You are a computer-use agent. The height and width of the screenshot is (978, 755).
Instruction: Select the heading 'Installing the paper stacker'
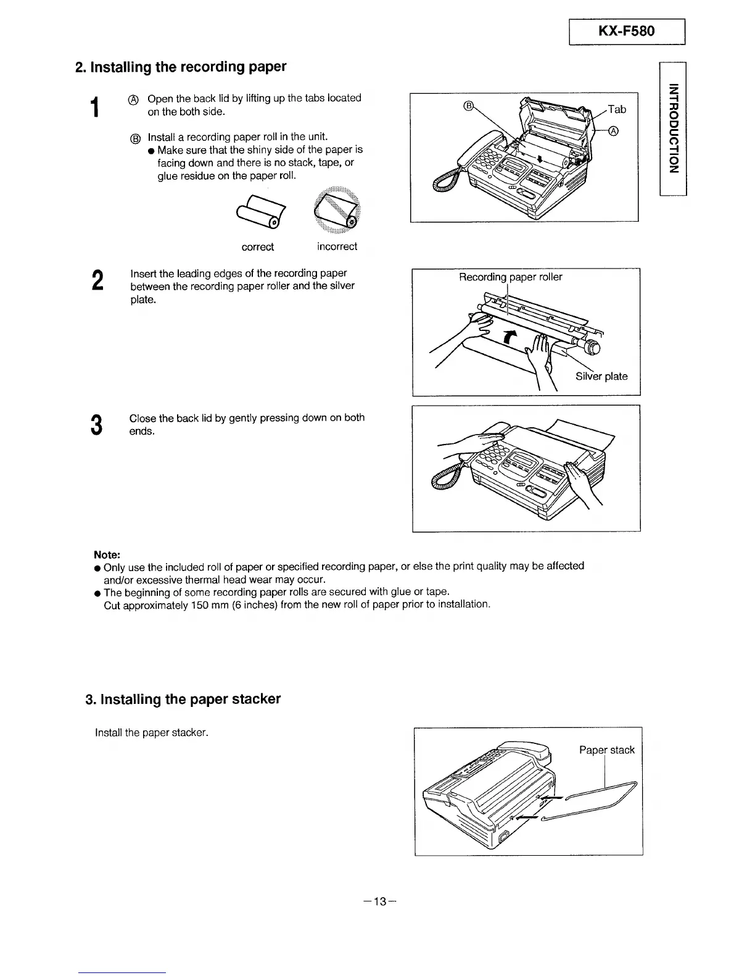pyautogui.click(x=183, y=699)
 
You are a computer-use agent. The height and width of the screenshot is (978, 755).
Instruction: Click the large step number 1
pyautogui.click(x=94, y=107)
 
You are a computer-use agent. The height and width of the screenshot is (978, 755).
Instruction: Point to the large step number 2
pyautogui.click(x=96, y=281)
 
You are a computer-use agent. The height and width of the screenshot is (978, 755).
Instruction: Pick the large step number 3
pyautogui.click(x=96, y=425)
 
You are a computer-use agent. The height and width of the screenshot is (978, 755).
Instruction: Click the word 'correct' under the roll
pyautogui.click(x=257, y=247)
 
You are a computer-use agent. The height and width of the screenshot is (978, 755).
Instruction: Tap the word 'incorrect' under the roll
pyautogui.click(x=337, y=247)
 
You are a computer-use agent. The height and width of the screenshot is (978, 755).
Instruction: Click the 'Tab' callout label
pyautogui.click(x=616, y=109)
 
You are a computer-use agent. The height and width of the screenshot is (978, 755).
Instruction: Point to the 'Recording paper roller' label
pyautogui.click(x=510, y=277)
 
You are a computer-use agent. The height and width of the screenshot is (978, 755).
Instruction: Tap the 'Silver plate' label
pyautogui.click(x=601, y=376)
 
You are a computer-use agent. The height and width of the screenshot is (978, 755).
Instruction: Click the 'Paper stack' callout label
pyautogui.click(x=606, y=750)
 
